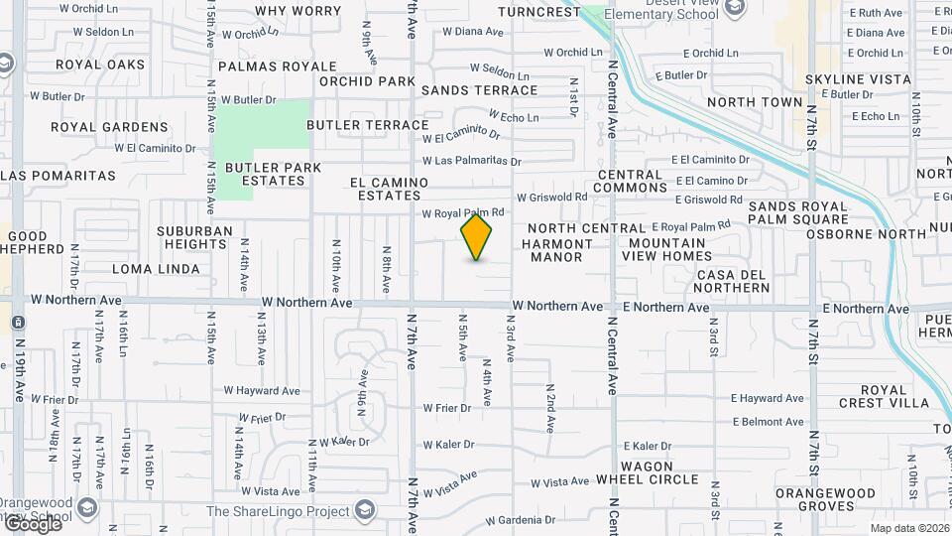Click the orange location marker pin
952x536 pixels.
pos(477,237)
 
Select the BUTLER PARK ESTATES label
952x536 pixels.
pos(274,174)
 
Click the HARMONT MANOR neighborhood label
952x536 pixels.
pos(556,250)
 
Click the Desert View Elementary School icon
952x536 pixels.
pos(735,9)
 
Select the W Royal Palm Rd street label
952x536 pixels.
pos(464,212)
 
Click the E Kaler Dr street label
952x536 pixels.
pos(647,447)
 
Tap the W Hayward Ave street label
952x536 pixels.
pos(262,391)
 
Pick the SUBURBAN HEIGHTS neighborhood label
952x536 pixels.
pos(194,237)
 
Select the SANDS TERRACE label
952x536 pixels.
pos(479,90)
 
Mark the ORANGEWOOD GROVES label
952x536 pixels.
pos(825,499)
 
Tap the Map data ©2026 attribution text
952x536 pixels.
pos(908,528)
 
